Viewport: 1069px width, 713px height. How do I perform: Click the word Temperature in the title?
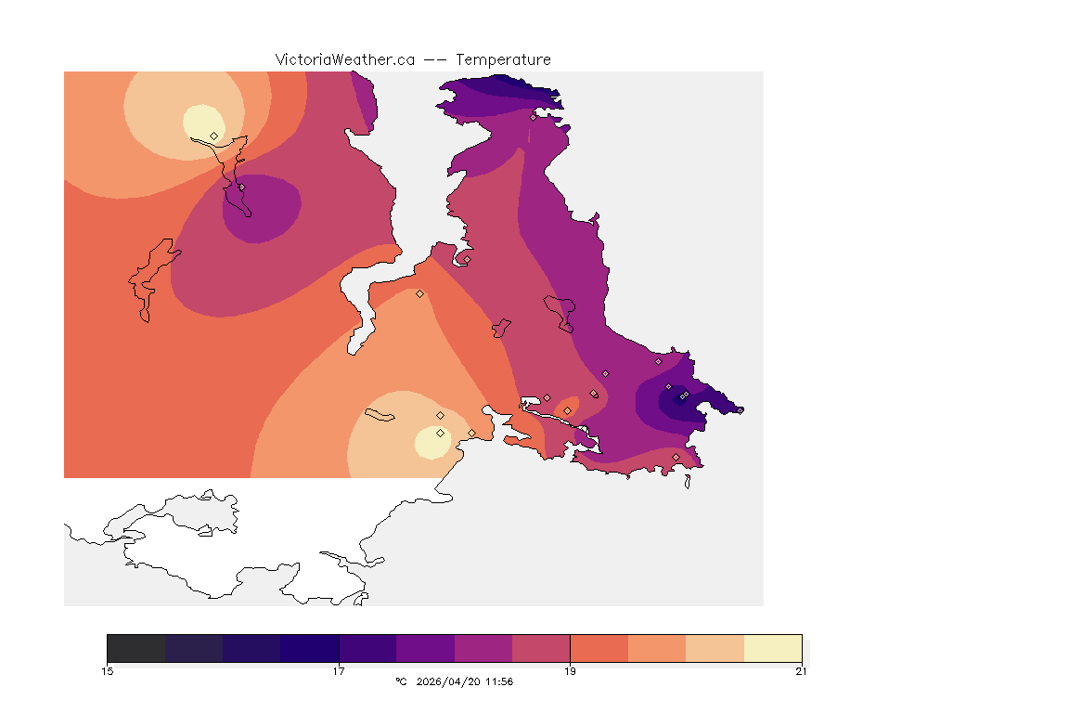click(x=503, y=59)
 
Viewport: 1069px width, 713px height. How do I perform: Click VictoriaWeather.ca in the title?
click(x=344, y=59)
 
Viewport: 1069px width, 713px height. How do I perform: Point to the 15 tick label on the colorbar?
click(x=108, y=671)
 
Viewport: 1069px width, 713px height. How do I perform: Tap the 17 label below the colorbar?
click(x=339, y=671)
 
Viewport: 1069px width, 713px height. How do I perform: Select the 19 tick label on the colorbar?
click(x=570, y=671)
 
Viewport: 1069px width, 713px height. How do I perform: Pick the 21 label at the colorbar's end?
click(x=801, y=671)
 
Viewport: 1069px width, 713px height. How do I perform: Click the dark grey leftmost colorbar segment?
click(x=135, y=647)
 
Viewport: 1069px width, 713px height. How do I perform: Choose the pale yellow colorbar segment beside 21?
click(x=772, y=647)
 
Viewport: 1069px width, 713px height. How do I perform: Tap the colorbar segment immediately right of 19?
click(x=599, y=647)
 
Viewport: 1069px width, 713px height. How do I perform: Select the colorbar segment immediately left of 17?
click(x=309, y=647)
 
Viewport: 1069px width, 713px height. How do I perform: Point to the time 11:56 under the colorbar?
click(x=499, y=682)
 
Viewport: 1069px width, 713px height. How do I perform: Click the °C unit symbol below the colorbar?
click(x=401, y=682)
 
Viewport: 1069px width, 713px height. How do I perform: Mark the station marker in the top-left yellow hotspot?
click(x=214, y=136)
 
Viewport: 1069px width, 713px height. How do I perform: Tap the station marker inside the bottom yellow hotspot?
click(x=440, y=433)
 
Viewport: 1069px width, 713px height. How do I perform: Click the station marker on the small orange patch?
click(x=567, y=410)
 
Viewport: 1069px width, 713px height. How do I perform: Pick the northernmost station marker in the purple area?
click(x=533, y=117)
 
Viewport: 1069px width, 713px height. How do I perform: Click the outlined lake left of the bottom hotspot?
click(x=380, y=414)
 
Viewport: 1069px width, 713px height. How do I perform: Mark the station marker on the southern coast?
click(x=676, y=457)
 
